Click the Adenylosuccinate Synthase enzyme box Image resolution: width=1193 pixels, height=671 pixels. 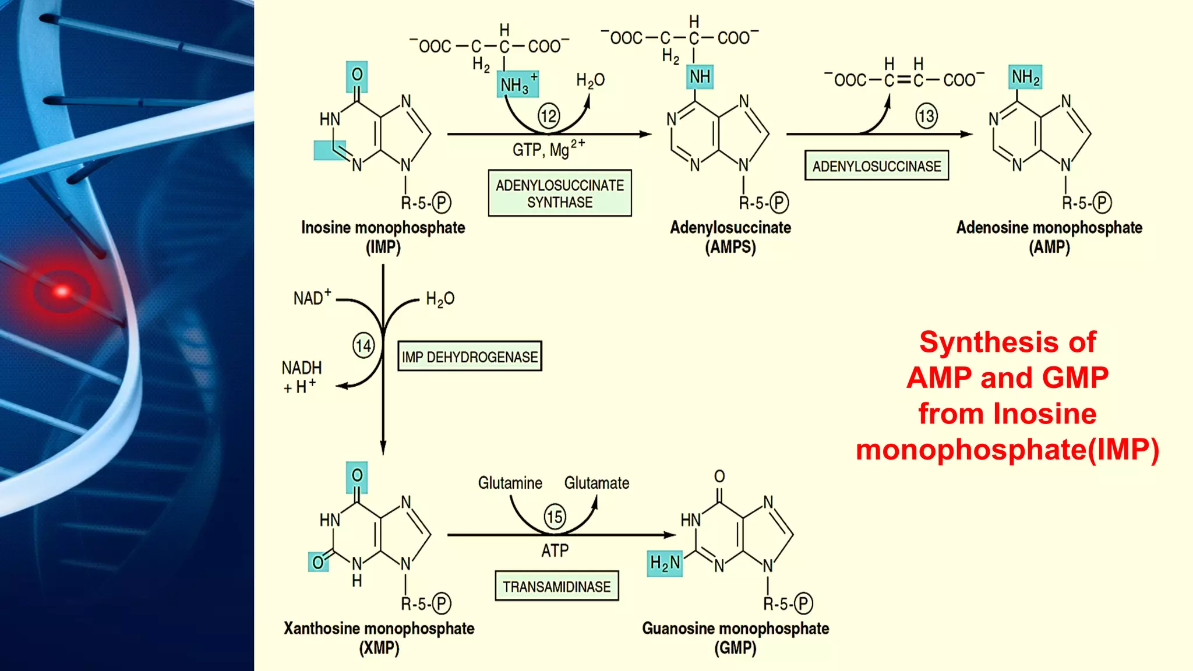pos(560,193)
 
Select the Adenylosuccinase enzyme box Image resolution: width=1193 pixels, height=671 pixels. pos(876,166)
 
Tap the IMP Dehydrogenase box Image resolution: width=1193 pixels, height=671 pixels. pos(470,356)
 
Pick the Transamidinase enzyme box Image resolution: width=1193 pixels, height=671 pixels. pos(556,586)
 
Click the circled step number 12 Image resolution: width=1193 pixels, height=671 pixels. pos(549,116)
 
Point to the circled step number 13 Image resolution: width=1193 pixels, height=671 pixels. pos(926,116)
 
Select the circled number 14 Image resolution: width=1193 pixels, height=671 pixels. pos(363,346)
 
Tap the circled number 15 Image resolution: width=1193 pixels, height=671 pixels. pos(555,517)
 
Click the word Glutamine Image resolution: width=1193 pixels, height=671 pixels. pos(510,483)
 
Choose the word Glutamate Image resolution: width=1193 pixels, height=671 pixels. pos(596,483)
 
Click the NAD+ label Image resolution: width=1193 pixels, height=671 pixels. pos(312,298)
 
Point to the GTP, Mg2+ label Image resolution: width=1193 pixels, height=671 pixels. pos(548,150)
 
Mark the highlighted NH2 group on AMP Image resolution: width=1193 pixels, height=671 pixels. pos(1025,77)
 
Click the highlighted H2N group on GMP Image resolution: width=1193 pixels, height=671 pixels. pos(665,563)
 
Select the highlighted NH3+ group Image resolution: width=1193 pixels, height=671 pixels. pos(517,84)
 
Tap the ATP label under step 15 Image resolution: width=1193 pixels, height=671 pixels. pos(555,550)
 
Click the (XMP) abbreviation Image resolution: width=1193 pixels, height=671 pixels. pos(379,648)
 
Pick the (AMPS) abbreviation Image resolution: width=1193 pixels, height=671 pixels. pos(730,247)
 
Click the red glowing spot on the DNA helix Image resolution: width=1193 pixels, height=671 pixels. pos(62,291)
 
